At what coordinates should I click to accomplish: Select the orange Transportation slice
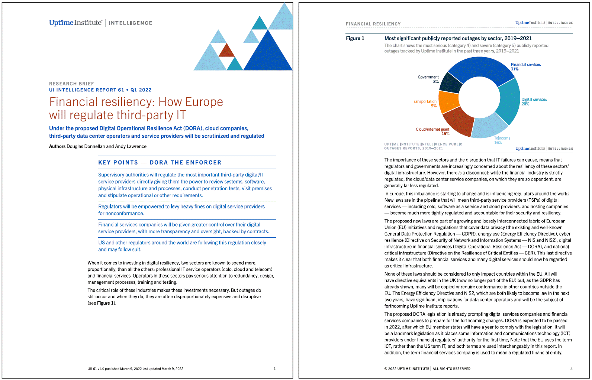click(x=448, y=101)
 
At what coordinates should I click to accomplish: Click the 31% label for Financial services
click(x=515, y=69)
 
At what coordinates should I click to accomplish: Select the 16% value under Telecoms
click(x=498, y=143)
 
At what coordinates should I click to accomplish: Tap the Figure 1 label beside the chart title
click(x=355, y=38)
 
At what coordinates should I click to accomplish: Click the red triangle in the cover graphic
click(x=226, y=51)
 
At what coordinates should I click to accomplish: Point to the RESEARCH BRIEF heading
click(x=71, y=84)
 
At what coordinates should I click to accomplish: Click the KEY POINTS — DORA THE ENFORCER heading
click(x=160, y=162)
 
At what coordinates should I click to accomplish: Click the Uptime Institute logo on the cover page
click(x=75, y=23)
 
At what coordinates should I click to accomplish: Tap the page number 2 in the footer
click(x=571, y=368)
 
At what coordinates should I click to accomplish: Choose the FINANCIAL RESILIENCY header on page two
click(x=373, y=24)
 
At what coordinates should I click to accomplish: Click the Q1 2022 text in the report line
click(x=141, y=90)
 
